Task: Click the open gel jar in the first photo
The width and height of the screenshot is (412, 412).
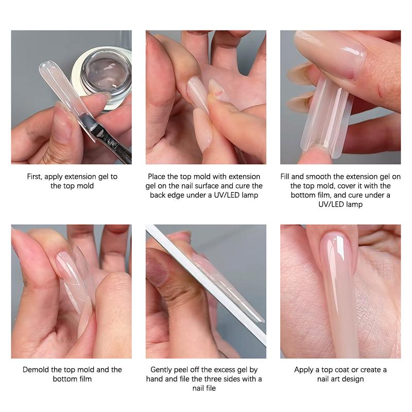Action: [104, 76]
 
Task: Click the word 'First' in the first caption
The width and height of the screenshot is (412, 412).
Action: [34, 177]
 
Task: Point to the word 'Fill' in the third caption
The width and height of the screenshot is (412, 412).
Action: [285, 177]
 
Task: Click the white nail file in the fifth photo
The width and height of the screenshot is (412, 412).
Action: [205, 284]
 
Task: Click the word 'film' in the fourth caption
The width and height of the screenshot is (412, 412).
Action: [85, 379]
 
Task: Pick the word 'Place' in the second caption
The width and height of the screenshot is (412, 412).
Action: [157, 177]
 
